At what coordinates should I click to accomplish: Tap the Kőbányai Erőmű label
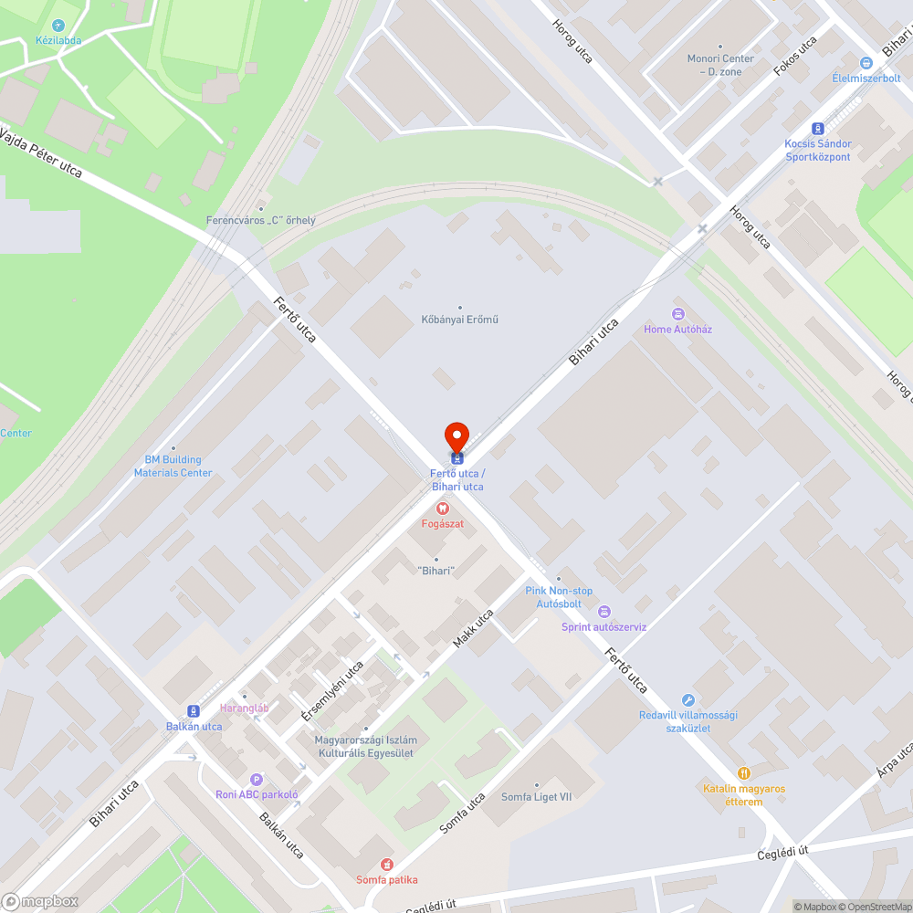click(459, 320)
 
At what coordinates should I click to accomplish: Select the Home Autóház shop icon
click(678, 314)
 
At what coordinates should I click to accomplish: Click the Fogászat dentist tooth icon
click(442, 508)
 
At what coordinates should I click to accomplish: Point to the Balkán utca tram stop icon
click(194, 711)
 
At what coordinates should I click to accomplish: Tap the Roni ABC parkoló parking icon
click(257, 780)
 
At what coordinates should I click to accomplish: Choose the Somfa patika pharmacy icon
click(386, 864)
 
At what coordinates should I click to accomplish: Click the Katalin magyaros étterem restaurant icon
click(744, 772)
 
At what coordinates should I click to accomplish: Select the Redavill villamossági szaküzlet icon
click(688, 699)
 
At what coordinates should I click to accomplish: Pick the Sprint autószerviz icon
click(603, 612)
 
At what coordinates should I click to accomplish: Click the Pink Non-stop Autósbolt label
click(559, 597)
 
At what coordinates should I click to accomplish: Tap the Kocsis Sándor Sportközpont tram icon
click(818, 129)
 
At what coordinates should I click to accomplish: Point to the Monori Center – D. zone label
click(720, 64)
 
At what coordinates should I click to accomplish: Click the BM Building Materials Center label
click(173, 466)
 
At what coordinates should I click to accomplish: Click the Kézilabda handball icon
click(59, 26)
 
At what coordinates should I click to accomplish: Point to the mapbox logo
click(40, 901)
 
